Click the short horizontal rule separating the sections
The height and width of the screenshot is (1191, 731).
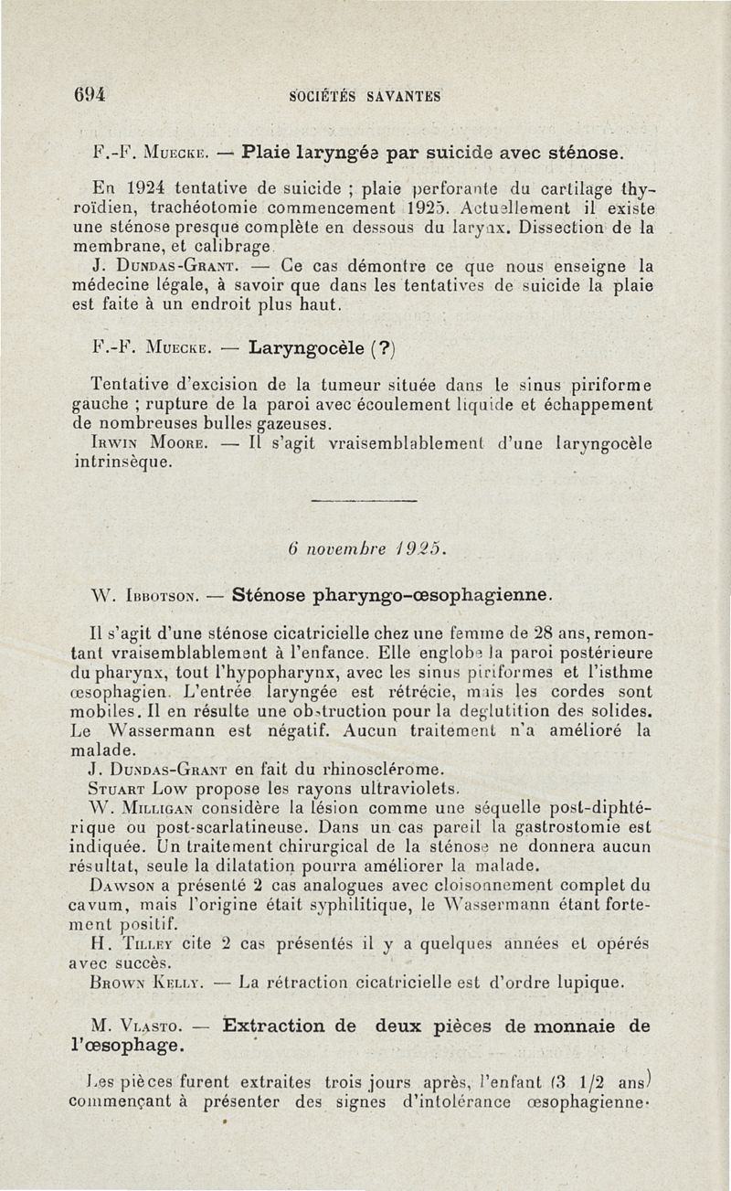click(x=365, y=502)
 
